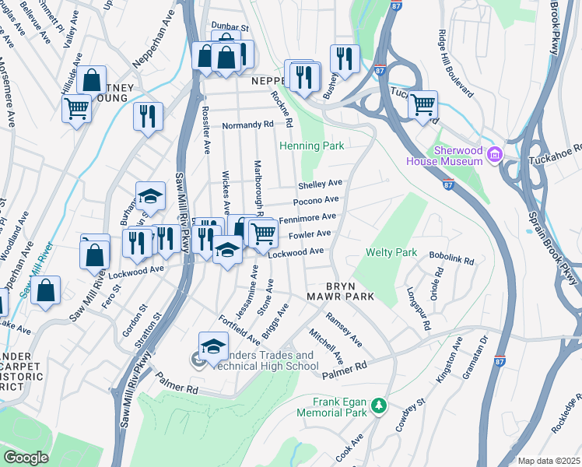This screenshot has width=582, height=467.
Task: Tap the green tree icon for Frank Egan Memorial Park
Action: coord(378,406)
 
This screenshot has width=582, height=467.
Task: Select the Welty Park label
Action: coord(392,253)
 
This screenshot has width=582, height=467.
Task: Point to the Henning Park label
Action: coord(311,146)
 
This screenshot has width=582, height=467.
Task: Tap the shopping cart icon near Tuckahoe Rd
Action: coord(422,104)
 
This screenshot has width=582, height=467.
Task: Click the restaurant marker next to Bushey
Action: coord(344,58)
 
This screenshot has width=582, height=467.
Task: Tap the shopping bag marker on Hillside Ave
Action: coord(92,79)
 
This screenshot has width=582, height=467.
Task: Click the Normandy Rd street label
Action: coord(247,125)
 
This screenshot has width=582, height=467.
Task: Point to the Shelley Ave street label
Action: coord(320,184)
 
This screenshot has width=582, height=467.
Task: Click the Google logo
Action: coord(26,458)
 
